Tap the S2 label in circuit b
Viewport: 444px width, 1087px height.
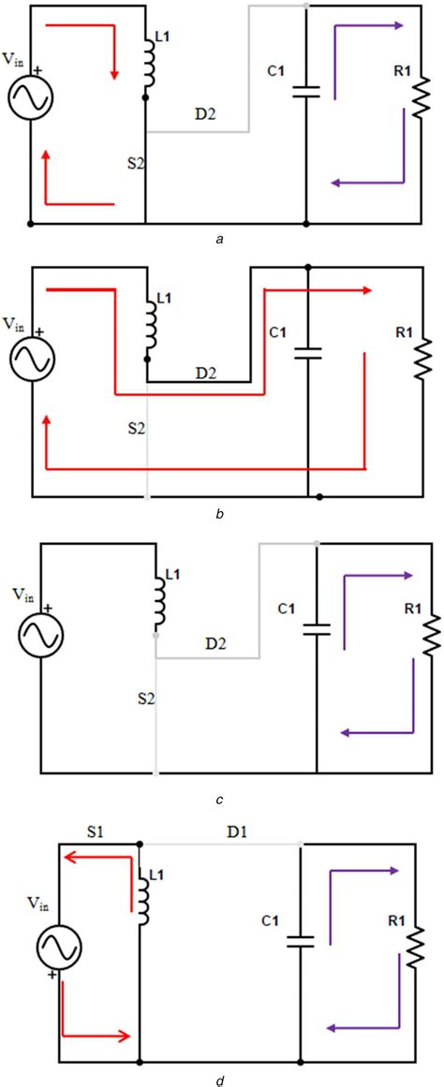click(137, 428)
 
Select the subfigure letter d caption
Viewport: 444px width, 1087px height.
click(219, 1080)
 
